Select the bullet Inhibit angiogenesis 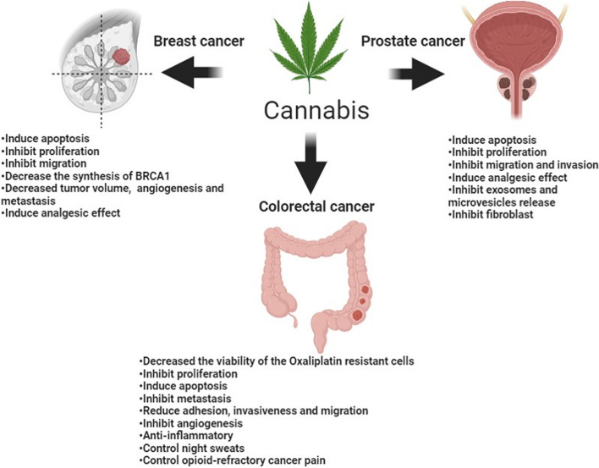coord(194,421)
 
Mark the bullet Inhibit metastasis coord(188,396)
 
